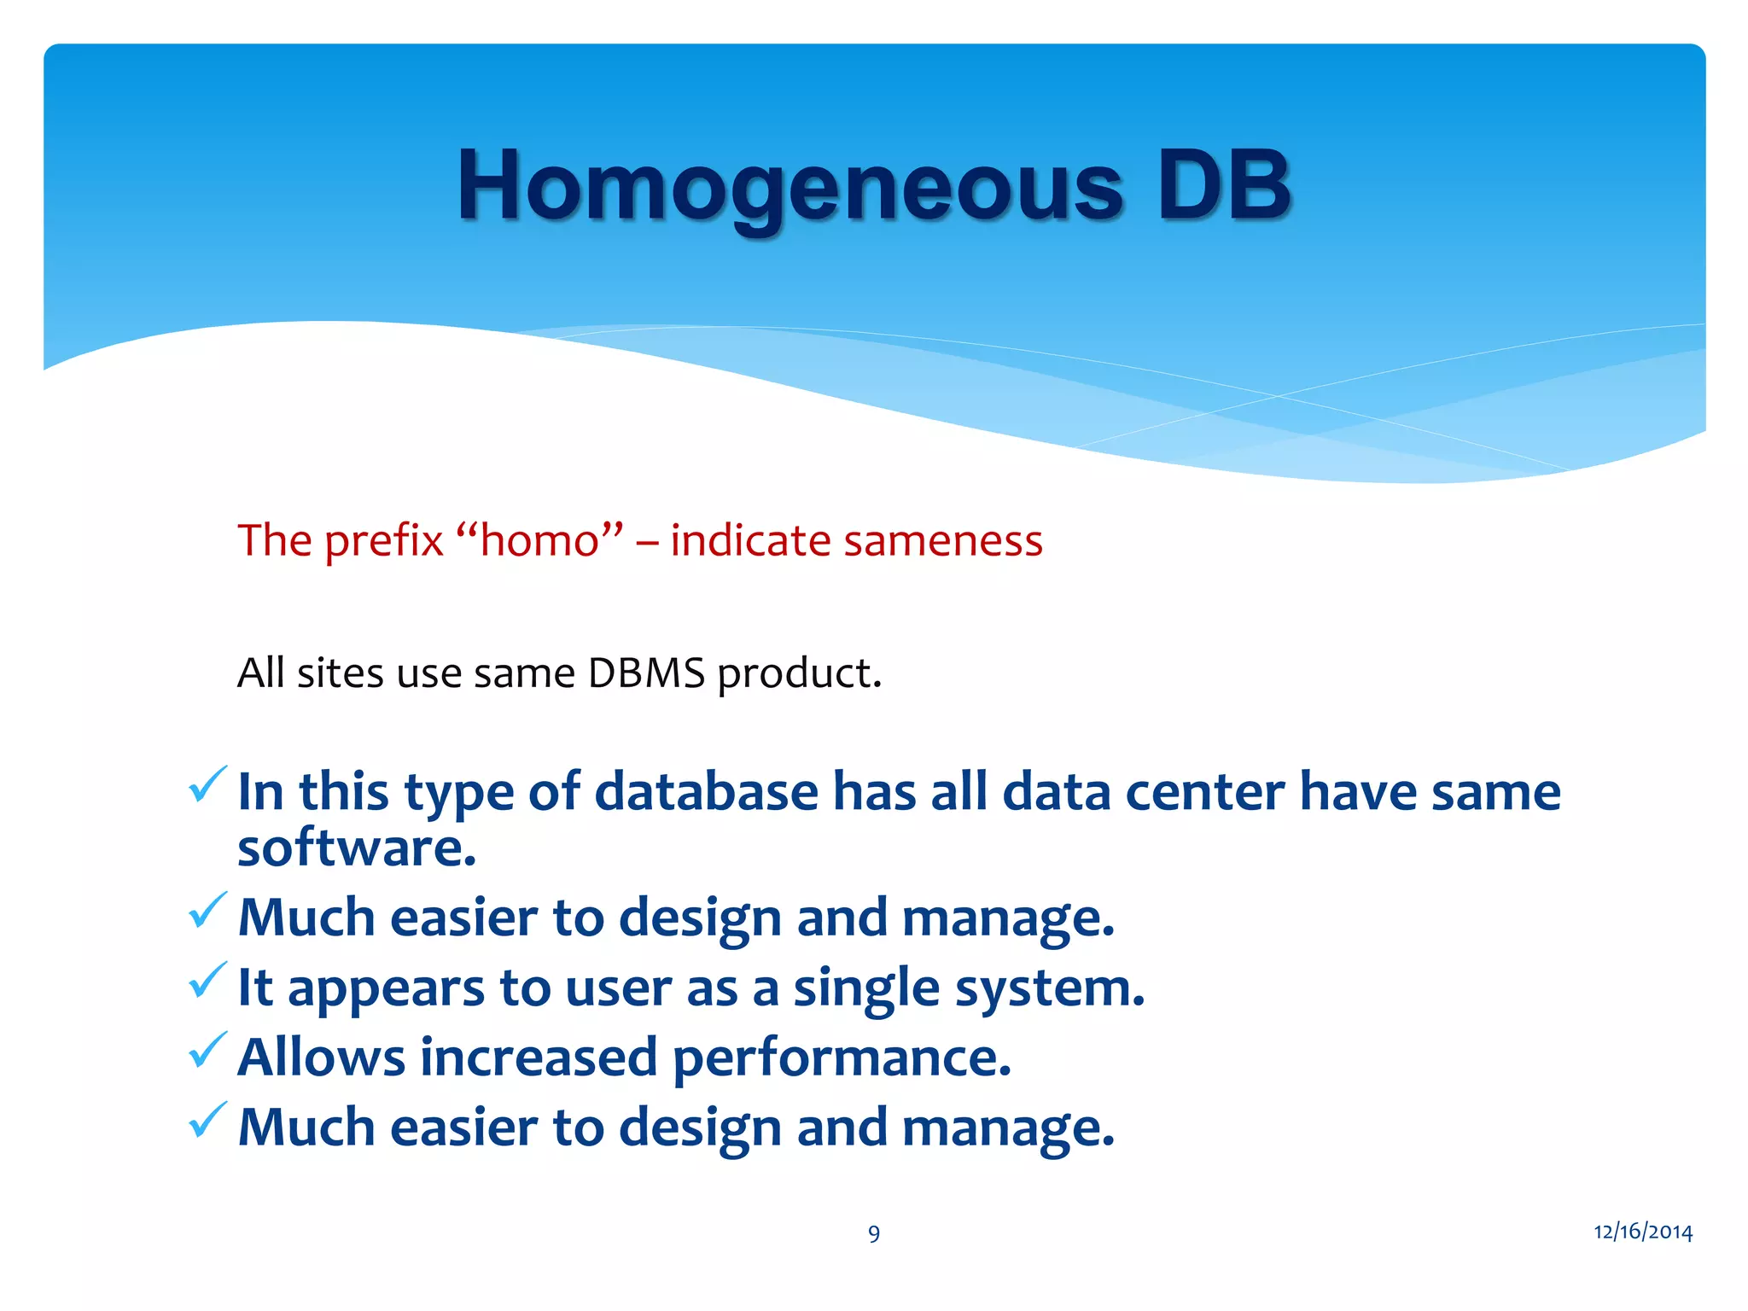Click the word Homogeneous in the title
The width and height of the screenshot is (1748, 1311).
790,186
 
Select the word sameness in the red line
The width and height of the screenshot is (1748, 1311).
942,541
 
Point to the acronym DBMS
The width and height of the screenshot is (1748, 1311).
646,673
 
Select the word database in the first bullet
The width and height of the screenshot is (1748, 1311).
706,791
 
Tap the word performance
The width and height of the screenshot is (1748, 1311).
840,1059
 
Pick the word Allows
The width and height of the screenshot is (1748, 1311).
321,1058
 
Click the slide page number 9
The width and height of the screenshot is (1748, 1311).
874,1233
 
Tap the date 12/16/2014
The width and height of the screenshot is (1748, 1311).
1642,1232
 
